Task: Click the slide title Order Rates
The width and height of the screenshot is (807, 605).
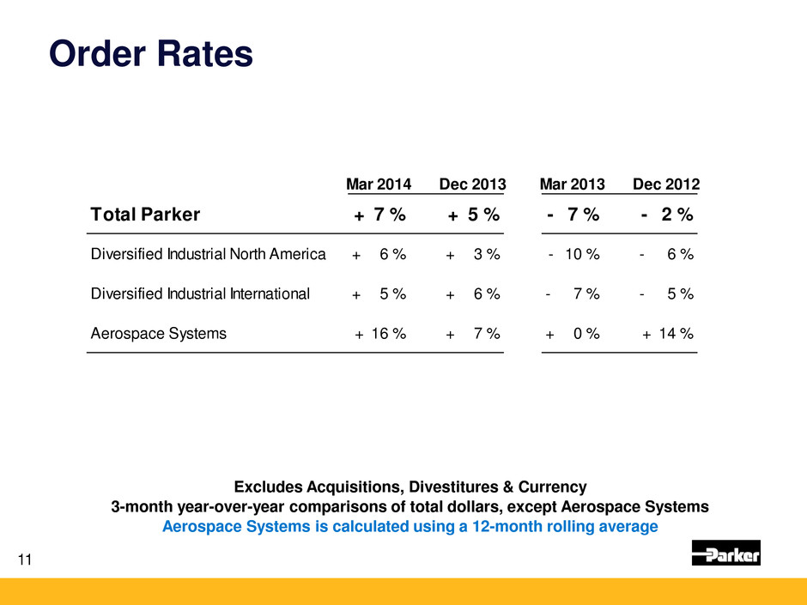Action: pos(151,55)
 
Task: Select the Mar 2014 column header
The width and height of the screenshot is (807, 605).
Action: pos(378,185)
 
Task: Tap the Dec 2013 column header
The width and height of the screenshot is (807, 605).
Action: pos(472,185)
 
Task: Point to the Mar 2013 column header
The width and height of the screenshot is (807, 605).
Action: pos(572,185)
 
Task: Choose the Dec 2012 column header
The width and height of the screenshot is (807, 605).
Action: pos(665,185)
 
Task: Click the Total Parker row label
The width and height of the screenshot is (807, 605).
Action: pos(145,215)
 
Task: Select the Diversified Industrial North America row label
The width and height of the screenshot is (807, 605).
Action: pos(208,254)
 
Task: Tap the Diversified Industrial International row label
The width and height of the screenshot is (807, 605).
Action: pos(200,294)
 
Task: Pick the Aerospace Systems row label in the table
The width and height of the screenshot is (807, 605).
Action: pos(159,334)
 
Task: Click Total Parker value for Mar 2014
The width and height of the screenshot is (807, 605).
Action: pos(380,215)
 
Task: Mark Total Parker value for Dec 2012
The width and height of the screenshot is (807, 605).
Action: pos(667,215)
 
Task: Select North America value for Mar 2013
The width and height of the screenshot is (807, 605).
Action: pos(573,254)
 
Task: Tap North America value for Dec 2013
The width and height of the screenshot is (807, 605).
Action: pos(473,254)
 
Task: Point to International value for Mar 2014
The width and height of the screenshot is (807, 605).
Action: pos(379,294)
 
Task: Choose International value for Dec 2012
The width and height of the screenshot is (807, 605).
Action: pos(667,294)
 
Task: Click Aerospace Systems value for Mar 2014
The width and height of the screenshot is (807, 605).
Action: pos(380,334)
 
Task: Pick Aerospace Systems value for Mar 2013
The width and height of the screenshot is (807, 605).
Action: pos(573,334)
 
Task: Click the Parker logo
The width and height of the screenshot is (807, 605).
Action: pos(725,554)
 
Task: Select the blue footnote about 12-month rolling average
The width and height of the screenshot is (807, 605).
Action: pos(410,526)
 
